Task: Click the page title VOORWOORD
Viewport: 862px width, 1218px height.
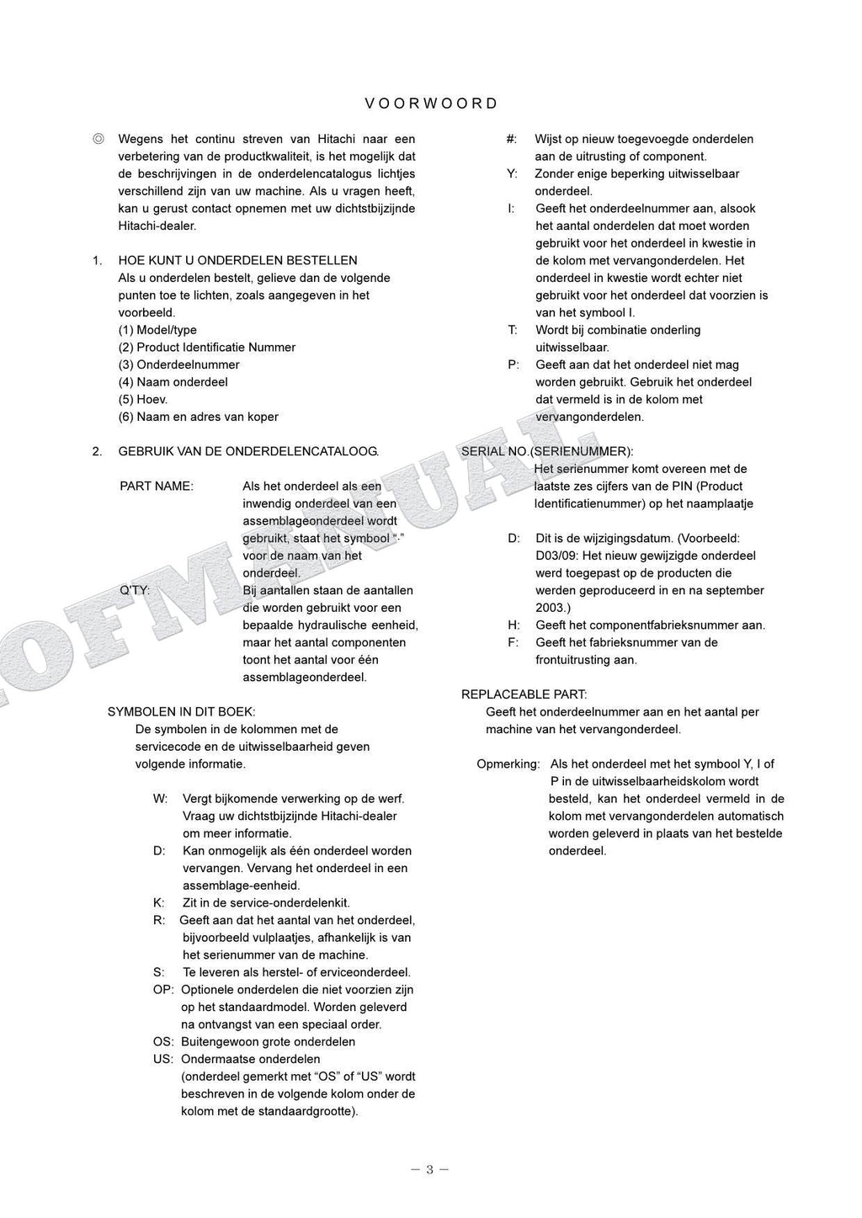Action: [x=431, y=104]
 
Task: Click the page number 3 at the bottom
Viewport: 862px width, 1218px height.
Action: [x=429, y=1169]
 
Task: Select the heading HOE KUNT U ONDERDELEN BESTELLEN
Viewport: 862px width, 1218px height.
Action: [x=237, y=260]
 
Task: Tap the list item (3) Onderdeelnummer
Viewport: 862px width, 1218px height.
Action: [x=178, y=364]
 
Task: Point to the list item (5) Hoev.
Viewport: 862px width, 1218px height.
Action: [x=142, y=399]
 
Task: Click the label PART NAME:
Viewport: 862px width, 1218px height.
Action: [x=157, y=486]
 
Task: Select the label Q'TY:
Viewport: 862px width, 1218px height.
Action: [x=135, y=590]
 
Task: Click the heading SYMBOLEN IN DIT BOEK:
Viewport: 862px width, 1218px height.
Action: [x=181, y=711]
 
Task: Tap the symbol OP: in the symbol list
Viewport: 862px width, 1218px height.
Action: [x=163, y=990]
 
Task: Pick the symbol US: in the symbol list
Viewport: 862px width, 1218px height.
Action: [x=163, y=1059]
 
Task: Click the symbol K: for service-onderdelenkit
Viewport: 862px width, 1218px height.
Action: [x=158, y=902]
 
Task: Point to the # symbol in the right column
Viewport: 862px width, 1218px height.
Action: [x=511, y=139]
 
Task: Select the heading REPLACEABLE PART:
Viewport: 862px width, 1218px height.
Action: [x=524, y=694]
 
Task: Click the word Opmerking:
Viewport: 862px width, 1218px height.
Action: [x=508, y=763]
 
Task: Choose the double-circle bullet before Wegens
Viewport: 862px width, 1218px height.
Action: [x=98, y=139]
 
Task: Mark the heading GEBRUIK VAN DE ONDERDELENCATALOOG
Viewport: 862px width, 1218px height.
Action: [x=248, y=451]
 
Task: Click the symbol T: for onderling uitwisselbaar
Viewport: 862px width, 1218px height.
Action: [x=512, y=330]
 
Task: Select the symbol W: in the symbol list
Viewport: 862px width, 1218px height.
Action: [x=160, y=798]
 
